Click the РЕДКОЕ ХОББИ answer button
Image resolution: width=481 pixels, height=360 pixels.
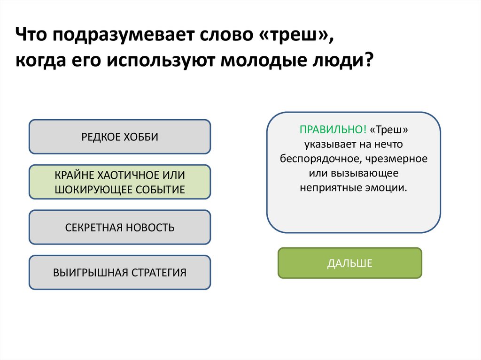[120, 137]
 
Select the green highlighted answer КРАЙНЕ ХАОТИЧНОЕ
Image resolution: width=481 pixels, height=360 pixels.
[120, 182]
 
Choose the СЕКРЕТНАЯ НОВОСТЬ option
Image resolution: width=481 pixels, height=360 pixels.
[120, 228]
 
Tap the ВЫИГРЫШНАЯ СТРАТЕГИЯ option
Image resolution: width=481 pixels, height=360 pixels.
[120, 273]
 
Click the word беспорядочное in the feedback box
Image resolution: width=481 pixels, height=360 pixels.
[320, 158]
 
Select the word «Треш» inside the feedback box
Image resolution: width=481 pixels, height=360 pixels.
[388, 129]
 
